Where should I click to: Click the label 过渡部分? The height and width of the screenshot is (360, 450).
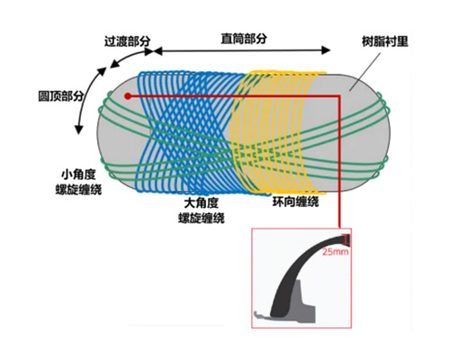click(x=127, y=41)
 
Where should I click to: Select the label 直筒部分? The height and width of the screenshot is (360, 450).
click(x=244, y=39)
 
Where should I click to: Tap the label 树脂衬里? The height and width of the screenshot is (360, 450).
click(x=385, y=41)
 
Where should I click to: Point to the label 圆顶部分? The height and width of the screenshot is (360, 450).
click(x=61, y=96)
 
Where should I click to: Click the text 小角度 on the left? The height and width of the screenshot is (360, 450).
click(x=78, y=175)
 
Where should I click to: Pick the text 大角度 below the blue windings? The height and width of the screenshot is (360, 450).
click(x=202, y=203)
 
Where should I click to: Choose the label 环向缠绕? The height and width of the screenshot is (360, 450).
click(x=295, y=202)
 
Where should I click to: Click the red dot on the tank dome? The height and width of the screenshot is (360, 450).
click(x=128, y=96)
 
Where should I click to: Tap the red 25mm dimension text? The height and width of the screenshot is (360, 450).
click(x=336, y=251)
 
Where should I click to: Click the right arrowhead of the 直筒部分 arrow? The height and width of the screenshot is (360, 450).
click(x=326, y=50)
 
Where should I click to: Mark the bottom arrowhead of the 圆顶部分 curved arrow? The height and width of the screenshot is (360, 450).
click(x=78, y=130)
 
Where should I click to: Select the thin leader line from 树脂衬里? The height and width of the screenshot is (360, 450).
click(x=365, y=71)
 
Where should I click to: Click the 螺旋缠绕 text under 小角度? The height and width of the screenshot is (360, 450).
click(x=78, y=190)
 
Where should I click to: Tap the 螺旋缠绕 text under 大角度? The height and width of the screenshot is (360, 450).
click(x=202, y=218)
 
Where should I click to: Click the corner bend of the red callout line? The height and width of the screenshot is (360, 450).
click(x=340, y=96)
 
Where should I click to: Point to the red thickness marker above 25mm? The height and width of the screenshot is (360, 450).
click(x=346, y=239)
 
